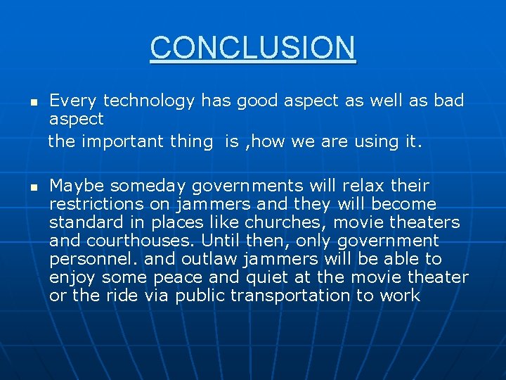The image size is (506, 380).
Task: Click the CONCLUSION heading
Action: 253,48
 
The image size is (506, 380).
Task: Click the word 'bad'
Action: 449,101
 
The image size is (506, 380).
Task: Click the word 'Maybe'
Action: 77,186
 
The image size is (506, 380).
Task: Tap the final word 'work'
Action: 400,296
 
